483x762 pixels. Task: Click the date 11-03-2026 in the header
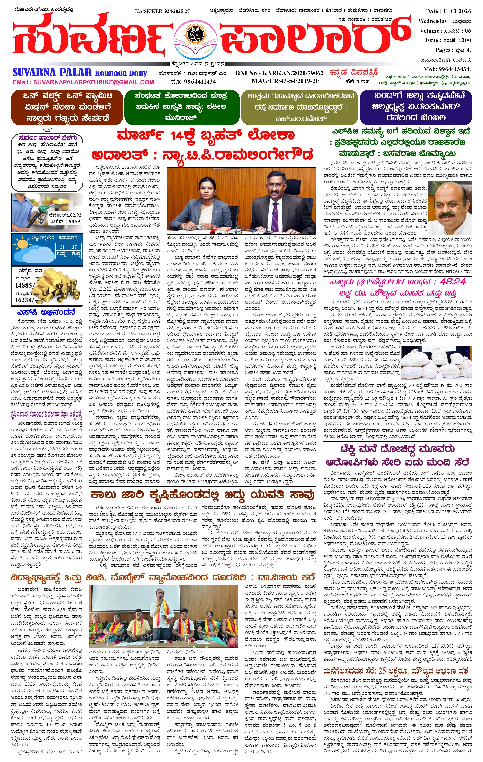pos(453,11)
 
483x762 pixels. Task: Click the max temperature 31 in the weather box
pos(63,247)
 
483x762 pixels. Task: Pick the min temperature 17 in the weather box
pos(75,247)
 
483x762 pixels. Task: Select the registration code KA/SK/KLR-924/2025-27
pos(162,11)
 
